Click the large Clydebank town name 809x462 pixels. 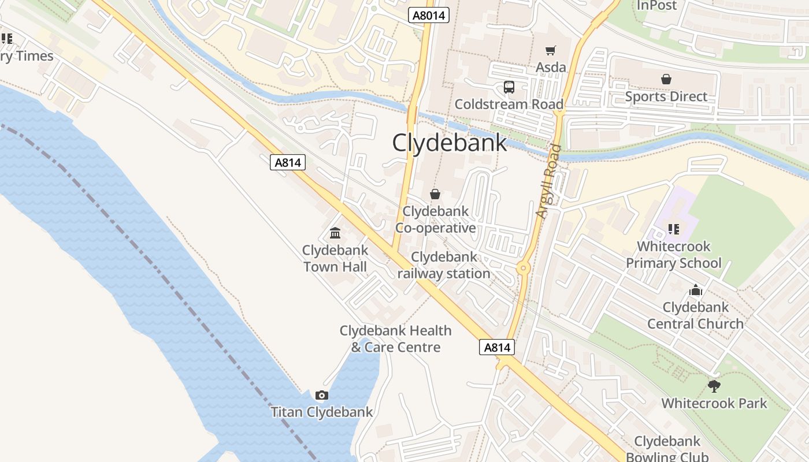[450, 143]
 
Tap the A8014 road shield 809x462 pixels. [429, 15]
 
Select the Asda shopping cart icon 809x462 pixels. [551, 51]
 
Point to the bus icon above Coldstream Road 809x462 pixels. [509, 87]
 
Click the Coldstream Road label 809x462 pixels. [509, 105]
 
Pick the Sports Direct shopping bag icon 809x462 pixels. [666, 79]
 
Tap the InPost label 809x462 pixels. [656, 6]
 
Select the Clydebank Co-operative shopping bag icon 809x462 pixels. [435, 194]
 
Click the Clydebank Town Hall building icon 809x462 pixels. [335, 233]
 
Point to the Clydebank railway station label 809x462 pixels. [444, 265]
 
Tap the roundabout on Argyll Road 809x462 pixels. [524, 267]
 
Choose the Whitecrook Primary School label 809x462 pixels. [674, 255]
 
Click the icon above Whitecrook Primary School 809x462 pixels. [673, 229]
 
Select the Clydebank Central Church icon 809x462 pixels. [695, 290]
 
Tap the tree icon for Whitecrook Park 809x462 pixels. [714, 386]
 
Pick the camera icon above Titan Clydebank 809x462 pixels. [322, 396]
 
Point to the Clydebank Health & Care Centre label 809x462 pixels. [396, 339]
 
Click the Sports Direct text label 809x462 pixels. [666, 96]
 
